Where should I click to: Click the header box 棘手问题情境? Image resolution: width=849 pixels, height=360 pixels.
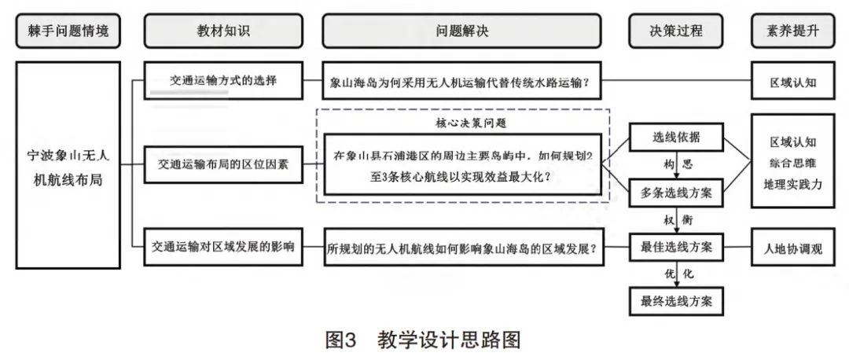tap(68, 31)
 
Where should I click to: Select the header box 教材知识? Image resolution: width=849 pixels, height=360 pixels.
tap(223, 31)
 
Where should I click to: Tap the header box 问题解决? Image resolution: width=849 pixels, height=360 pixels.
tap(462, 31)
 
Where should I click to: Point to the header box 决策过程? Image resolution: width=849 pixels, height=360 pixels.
tap(676, 31)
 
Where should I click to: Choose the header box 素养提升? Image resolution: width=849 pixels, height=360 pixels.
tap(792, 31)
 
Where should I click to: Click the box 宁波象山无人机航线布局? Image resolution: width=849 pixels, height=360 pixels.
tap(68, 165)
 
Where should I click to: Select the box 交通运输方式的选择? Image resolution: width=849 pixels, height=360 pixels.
tap(223, 81)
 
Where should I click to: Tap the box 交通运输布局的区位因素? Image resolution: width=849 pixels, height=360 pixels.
tap(223, 164)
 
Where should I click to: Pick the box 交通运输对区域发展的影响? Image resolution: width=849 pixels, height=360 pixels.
tap(223, 247)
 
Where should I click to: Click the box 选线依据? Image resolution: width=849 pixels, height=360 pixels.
tap(676, 138)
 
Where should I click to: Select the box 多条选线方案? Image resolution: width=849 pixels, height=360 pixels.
tap(676, 193)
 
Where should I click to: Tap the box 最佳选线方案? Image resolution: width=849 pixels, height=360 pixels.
tap(676, 248)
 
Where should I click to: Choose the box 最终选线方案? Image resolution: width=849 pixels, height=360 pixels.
tap(676, 301)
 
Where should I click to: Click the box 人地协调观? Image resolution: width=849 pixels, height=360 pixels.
tap(792, 248)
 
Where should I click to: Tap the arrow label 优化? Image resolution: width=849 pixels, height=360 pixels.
tap(678, 274)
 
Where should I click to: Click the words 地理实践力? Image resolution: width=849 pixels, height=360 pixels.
tap(792, 184)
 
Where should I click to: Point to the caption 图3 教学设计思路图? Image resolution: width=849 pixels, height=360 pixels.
tap(423, 340)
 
